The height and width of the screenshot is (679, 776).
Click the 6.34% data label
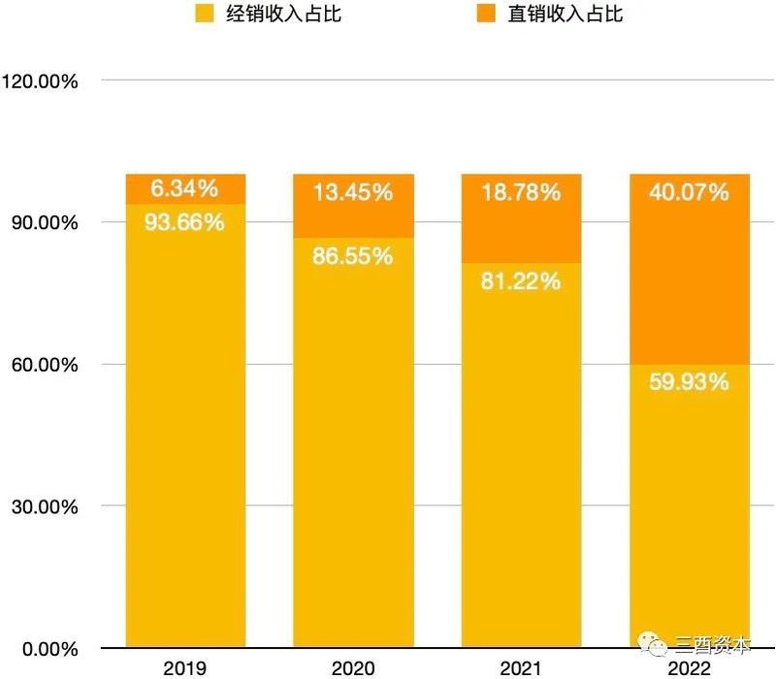[x=184, y=188]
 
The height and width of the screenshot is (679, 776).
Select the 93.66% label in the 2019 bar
[x=184, y=222]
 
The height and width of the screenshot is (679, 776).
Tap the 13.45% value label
[x=353, y=192]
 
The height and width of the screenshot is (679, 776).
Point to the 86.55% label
[x=353, y=257]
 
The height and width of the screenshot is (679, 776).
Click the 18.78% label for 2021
[x=521, y=192]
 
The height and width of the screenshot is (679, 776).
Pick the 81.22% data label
[x=521, y=281]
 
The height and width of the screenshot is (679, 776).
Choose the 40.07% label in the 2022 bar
[x=689, y=192]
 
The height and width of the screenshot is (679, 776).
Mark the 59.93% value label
[x=689, y=381]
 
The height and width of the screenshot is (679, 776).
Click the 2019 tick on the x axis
[x=184, y=668]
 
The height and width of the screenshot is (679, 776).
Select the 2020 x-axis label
[x=353, y=668]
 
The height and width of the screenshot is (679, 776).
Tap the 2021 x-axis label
[x=521, y=668]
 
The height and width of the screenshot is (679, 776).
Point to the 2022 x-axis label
[x=689, y=668]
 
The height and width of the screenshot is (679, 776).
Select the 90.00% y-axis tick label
[x=45, y=222]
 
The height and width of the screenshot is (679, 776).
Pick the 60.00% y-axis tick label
[x=45, y=365]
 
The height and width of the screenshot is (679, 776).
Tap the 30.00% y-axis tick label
[x=45, y=506]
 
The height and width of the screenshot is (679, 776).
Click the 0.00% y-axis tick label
[x=49, y=648]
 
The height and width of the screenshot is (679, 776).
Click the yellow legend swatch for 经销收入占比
[x=204, y=14]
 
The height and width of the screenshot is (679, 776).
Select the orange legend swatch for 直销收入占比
[x=484, y=14]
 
